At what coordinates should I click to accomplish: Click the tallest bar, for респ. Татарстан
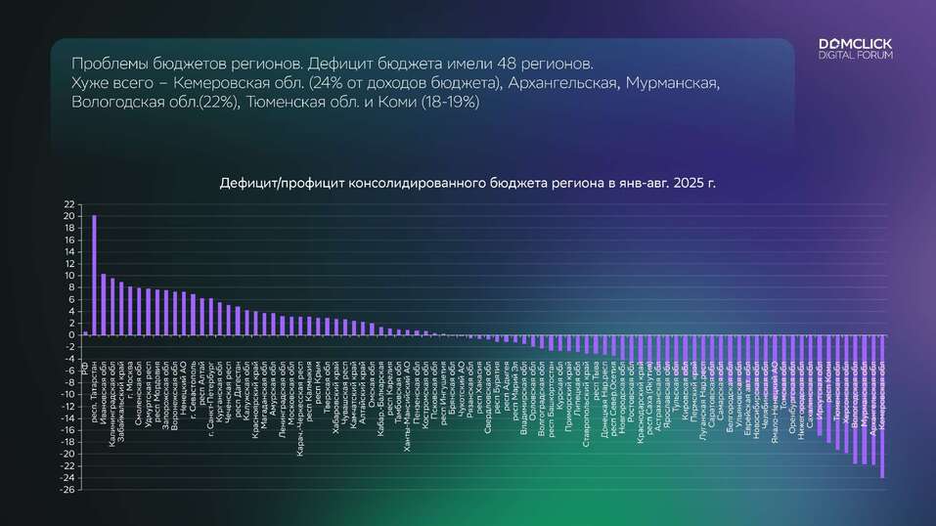tap(94, 275)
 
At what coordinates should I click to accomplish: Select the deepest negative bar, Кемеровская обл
tap(882, 406)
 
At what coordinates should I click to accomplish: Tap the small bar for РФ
tap(85, 332)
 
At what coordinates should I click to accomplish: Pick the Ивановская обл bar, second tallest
tap(104, 304)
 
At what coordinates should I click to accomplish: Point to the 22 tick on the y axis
tap(69, 203)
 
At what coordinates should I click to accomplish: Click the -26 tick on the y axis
tap(67, 489)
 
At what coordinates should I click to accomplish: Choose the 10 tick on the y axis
tap(69, 275)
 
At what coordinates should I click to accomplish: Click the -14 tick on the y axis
tap(67, 417)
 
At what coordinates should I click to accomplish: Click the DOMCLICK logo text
tap(855, 45)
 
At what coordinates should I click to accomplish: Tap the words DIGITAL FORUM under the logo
tap(855, 56)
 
